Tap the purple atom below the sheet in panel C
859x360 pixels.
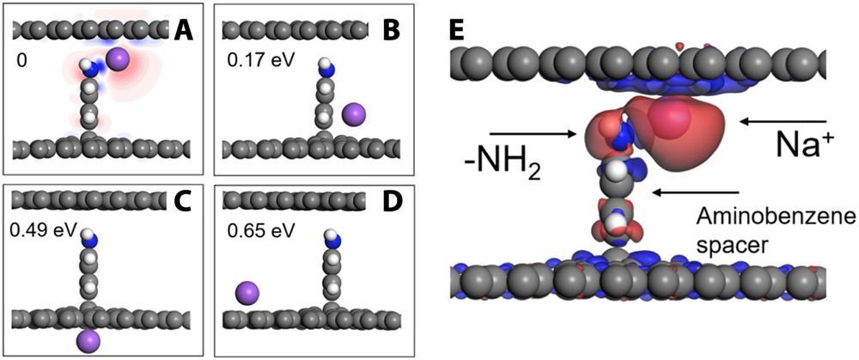coord(88,339)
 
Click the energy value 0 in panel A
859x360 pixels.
coord(21,62)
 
